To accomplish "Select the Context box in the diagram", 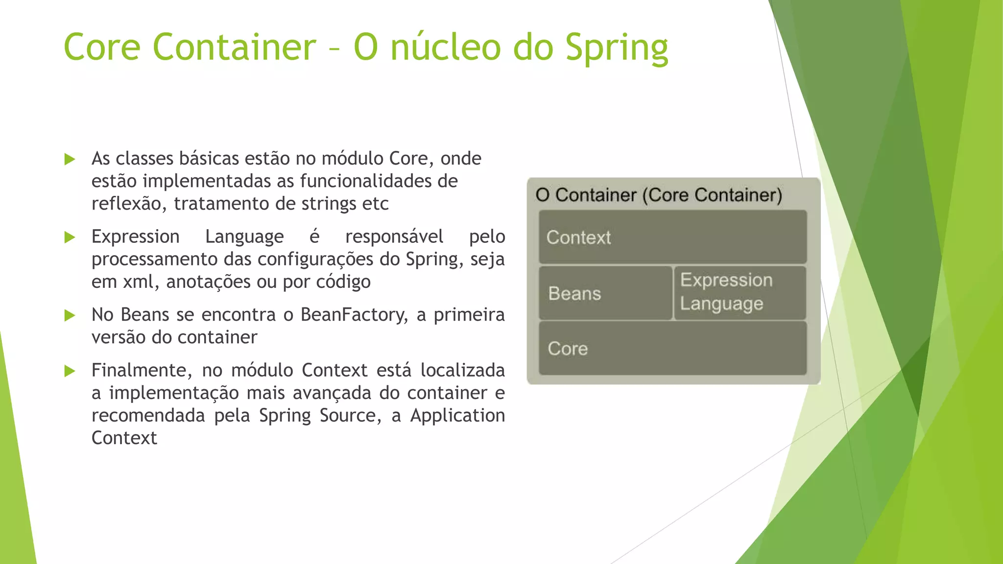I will (672, 237).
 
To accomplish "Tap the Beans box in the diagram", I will (605, 293).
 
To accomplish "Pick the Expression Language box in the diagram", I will (740, 292).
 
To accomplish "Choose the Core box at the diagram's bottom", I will (672, 349).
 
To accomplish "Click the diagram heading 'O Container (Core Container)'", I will (659, 195).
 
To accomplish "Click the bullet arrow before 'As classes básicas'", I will (70, 159).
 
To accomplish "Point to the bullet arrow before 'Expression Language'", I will (70, 237).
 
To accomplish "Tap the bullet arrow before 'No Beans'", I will (70, 315).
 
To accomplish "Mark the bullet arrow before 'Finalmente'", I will (70, 371).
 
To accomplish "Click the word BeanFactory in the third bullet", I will (354, 315).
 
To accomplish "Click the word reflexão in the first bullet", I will (129, 204).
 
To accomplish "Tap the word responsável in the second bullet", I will (394, 237).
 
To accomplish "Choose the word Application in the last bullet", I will (457, 416).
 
